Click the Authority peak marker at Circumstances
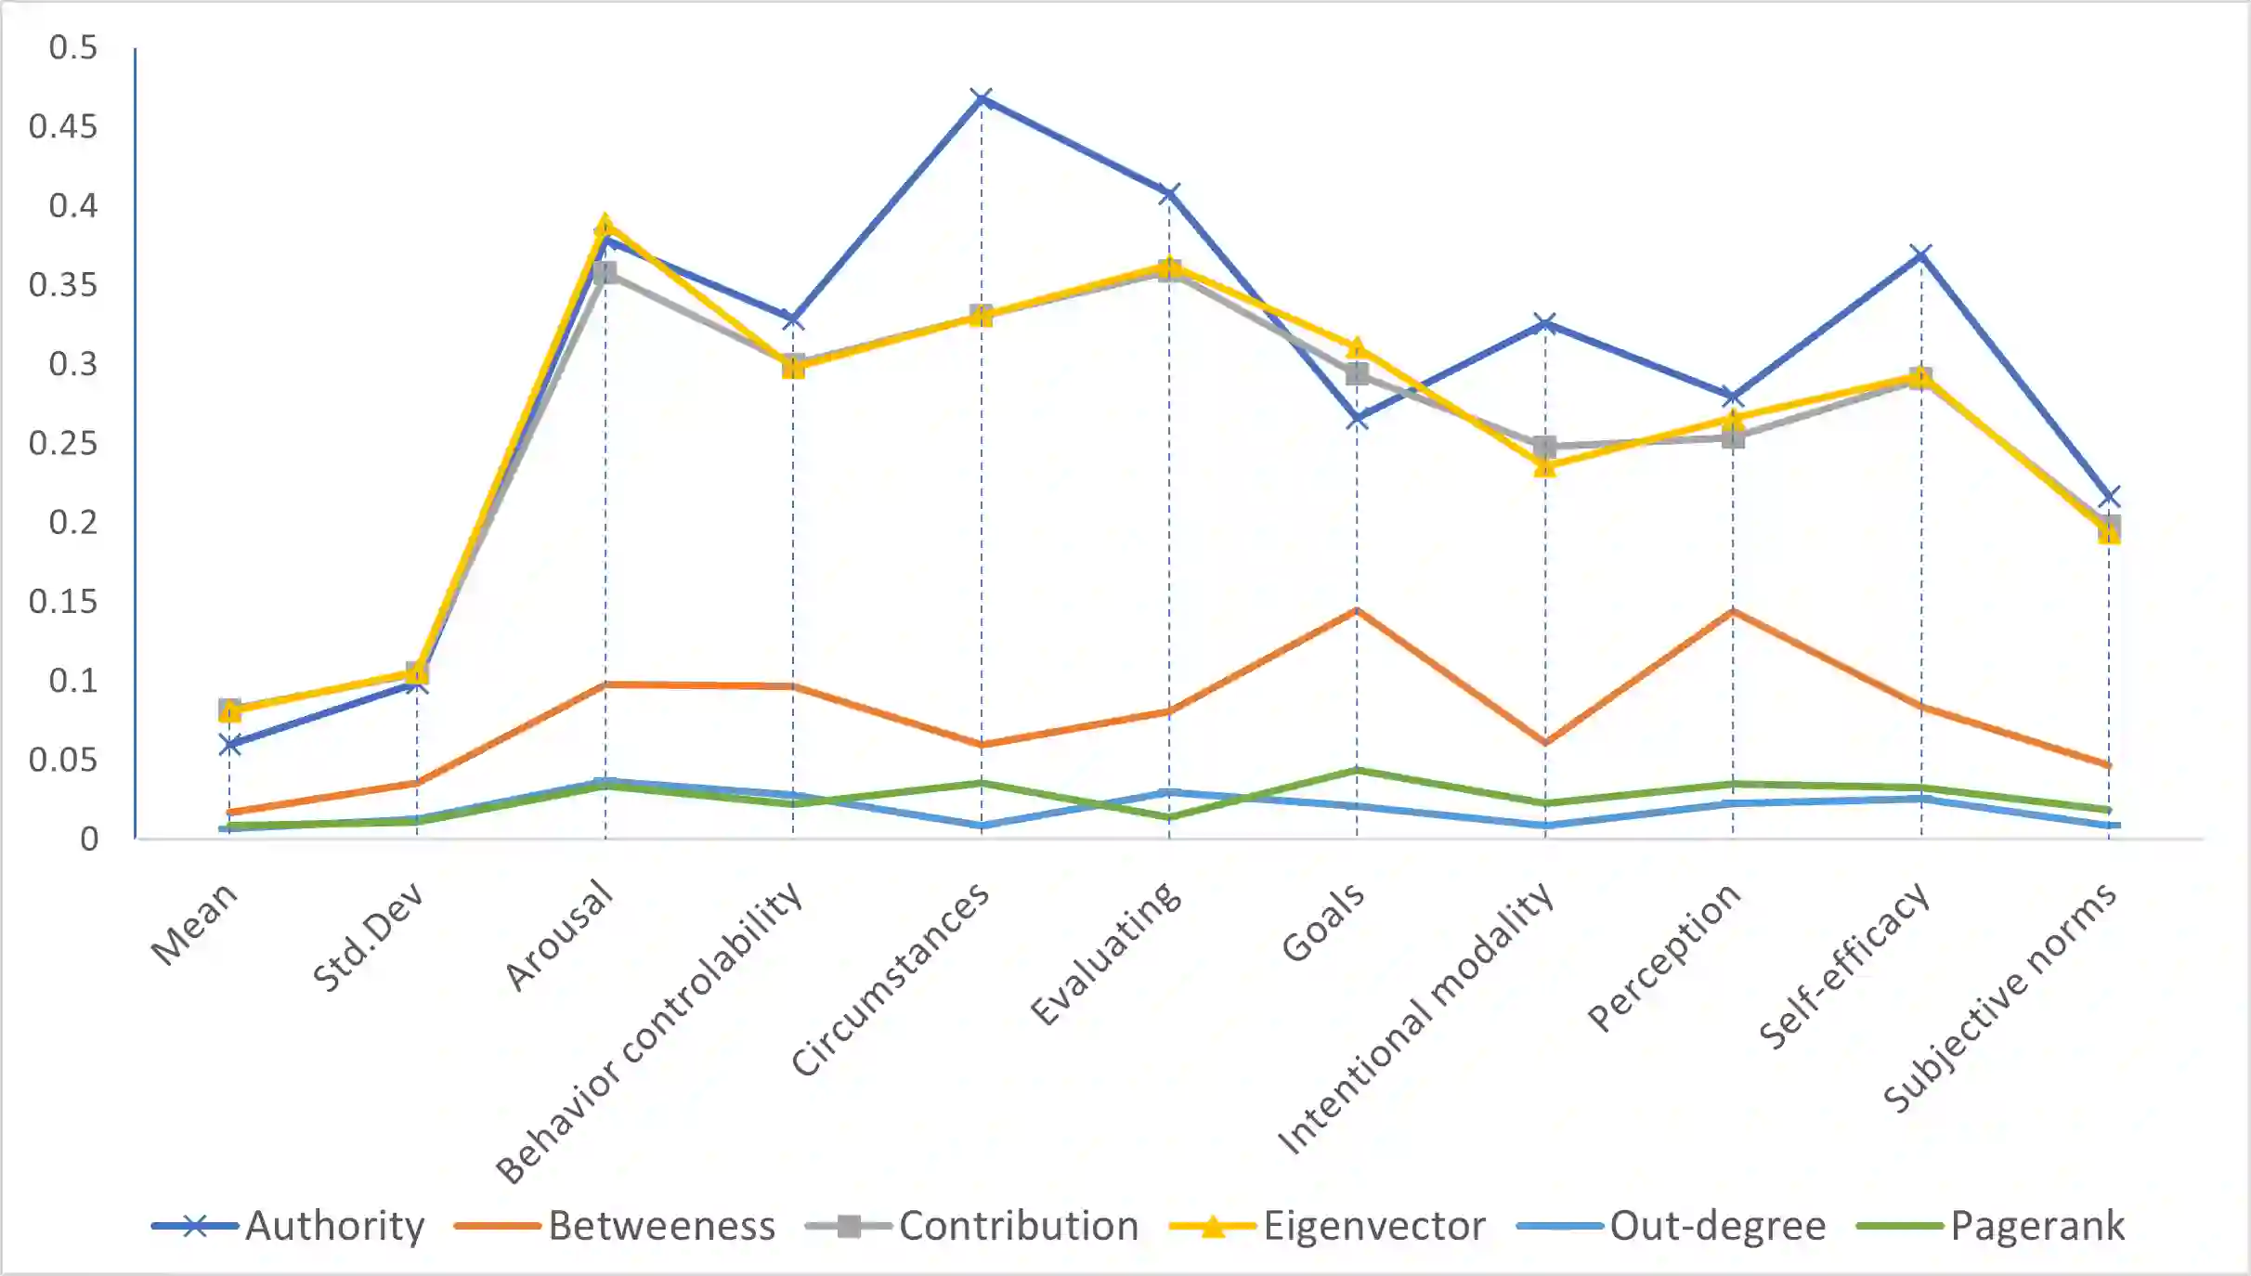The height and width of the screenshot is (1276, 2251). coord(982,98)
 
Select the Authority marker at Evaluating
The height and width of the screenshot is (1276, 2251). coord(1169,193)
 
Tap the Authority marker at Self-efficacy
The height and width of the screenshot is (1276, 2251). coord(1921,254)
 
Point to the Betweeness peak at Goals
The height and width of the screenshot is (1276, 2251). coord(1357,610)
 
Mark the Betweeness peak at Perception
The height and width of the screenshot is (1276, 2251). coord(1733,611)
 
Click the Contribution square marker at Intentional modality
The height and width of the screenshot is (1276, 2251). coord(1545,448)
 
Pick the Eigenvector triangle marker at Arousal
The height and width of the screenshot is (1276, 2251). coord(605,225)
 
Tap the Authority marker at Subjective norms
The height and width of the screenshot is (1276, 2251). coord(2109,497)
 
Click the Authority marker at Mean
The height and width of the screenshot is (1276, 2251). coord(229,744)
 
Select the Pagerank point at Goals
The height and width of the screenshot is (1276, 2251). coord(1357,770)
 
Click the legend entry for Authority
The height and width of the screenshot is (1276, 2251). coord(289,1226)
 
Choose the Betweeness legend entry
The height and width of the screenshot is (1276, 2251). coord(615,1226)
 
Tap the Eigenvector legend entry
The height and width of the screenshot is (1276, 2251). coord(1328,1226)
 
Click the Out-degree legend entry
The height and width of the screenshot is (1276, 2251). coord(1672,1226)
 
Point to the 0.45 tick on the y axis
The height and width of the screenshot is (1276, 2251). coord(62,126)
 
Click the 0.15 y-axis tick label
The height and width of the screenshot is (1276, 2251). coord(62,602)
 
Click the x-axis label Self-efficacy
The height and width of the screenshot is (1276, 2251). coord(1844,966)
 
